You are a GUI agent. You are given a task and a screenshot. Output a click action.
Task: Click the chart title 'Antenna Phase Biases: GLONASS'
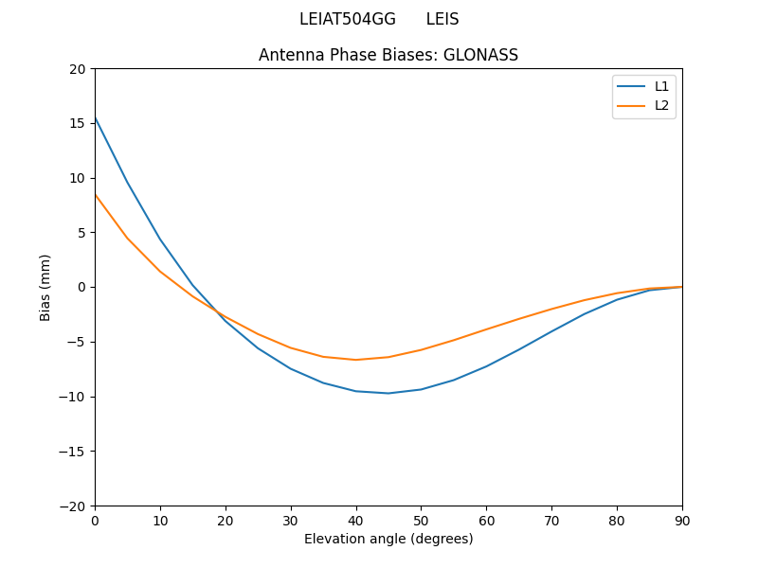pyautogui.click(x=388, y=55)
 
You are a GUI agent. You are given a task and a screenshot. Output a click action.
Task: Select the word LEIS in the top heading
pyautogui.click(x=442, y=19)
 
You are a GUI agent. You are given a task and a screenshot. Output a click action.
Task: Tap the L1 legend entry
pyautogui.click(x=661, y=86)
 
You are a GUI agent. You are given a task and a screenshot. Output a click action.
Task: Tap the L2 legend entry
pyautogui.click(x=661, y=105)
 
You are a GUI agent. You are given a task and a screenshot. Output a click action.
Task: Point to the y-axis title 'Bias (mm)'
pyautogui.click(x=45, y=287)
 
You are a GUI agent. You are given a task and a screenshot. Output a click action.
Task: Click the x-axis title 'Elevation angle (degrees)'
pyautogui.click(x=388, y=539)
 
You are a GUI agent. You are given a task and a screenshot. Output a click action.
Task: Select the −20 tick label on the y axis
pyautogui.click(x=72, y=506)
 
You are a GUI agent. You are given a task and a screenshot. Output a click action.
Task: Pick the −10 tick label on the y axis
pyautogui.click(x=72, y=397)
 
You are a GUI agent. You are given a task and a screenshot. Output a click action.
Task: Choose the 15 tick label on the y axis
pyautogui.click(x=78, y=123)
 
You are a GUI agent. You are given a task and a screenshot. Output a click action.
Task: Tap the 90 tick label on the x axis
pyautogui.click(x=682, y=520)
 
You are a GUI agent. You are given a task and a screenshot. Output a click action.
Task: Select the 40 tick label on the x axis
pyautogui.click(x=356, y=520)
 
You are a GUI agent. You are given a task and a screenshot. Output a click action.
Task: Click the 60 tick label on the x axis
pyautogui.click(x=486, y=520)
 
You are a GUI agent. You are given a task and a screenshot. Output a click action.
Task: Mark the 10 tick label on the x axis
pyautogui.click(x=160, y=520)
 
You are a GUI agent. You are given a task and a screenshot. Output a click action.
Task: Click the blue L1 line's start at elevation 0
pyautogui.click(x=96, y=117)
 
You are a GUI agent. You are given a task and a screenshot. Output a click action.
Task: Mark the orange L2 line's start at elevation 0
pyautogui.click(x=96, y=195)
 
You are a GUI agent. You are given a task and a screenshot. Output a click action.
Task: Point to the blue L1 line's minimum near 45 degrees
pyautogui.click(x=388, y=393)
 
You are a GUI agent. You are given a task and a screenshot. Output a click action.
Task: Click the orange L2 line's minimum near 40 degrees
pyautogui.click(x=356, y=360)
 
